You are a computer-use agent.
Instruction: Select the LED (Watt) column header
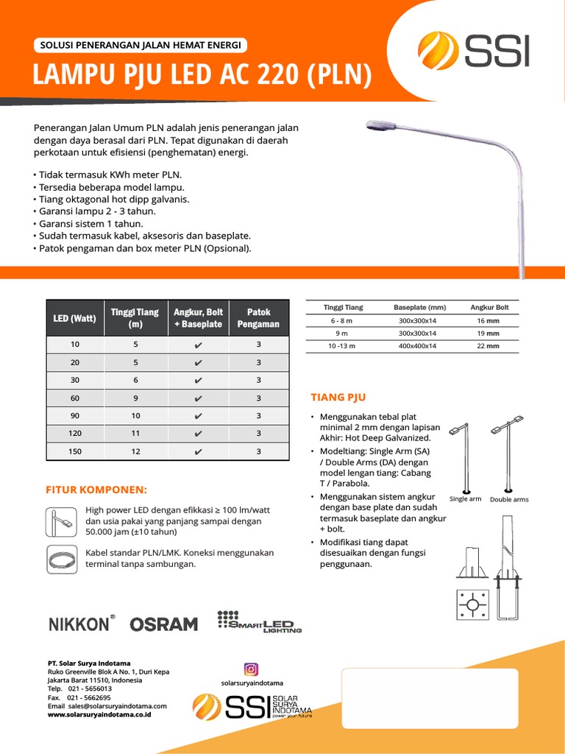pyautogui.click(x=74, y=318)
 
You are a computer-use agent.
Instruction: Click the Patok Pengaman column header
pyautogui.click(x=258, y=318)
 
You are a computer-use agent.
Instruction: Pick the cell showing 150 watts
pyautogui.click(x=74, y=451)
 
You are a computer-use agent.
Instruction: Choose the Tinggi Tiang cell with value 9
pyautogui.click(x=135, y=398)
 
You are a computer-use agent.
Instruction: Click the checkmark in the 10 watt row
pyautogui.click(x=199, y=345)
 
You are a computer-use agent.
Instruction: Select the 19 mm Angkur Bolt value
pyautogui.click(x=488, y=333)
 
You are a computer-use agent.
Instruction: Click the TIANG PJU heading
pyautogui.click(x=338, y=398)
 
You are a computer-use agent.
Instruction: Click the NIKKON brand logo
pyautogui.click(x=79, y=624)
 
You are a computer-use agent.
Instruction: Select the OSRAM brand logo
pyautogui.click(x=163, y=624)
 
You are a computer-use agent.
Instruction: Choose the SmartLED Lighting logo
pyautogui.click(x=259, y=621)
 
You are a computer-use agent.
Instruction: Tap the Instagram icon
pyautogui.click(x=251, y=669)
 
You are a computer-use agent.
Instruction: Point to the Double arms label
pyautogui.click(x=509, y=499)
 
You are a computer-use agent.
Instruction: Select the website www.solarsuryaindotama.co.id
pyautogui.click(x=99, y=714)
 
